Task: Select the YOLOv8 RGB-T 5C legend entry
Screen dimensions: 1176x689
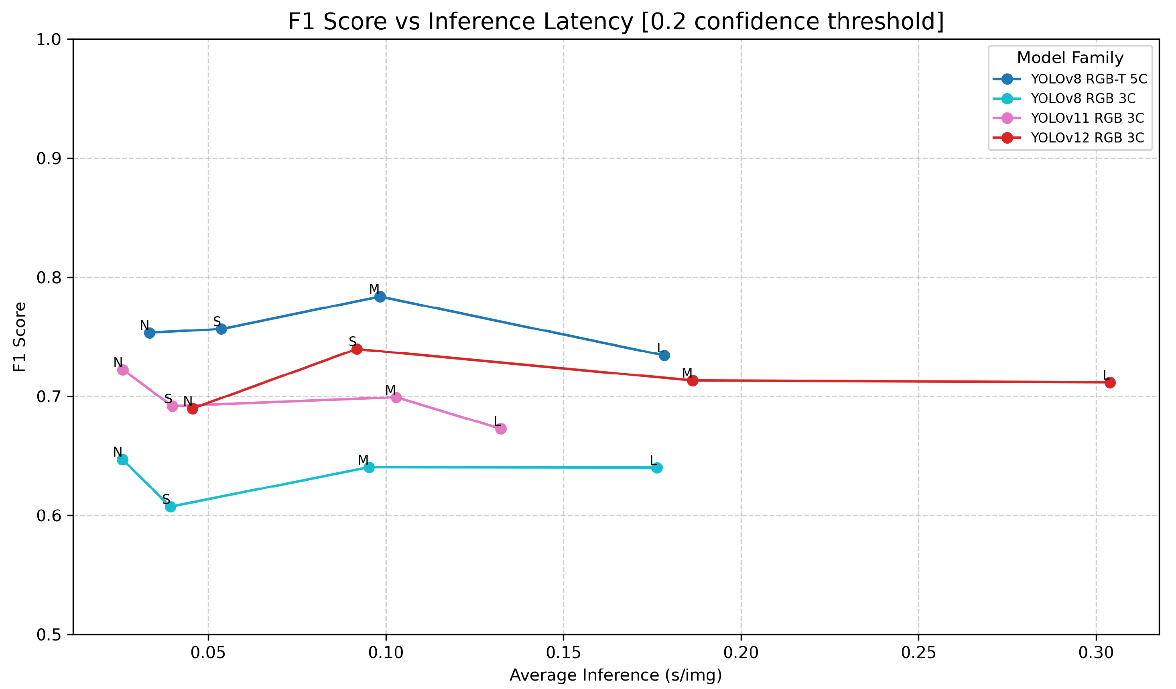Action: (x=1070, y=79)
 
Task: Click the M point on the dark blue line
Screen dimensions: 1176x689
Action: (x=380, y=297)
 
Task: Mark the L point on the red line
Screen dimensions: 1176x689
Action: (x=1110, y=383)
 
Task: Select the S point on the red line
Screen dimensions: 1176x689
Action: (x=357, y=349)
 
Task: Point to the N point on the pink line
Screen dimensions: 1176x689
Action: (x=123, y=370)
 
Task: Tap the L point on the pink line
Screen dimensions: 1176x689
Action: (x=501, y=429)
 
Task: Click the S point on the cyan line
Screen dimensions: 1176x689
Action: (x=171, y=507)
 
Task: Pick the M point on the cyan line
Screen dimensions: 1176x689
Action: (x=369, y=467)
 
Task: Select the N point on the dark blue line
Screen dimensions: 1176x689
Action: (x=149, y=333)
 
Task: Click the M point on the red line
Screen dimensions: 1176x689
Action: (x=693, y=380)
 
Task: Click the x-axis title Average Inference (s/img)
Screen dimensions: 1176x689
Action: (x=616, y=675)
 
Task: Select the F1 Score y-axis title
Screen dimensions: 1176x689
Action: (x=20, y=337)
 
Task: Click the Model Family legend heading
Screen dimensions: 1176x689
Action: (x=1070, y=58)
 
